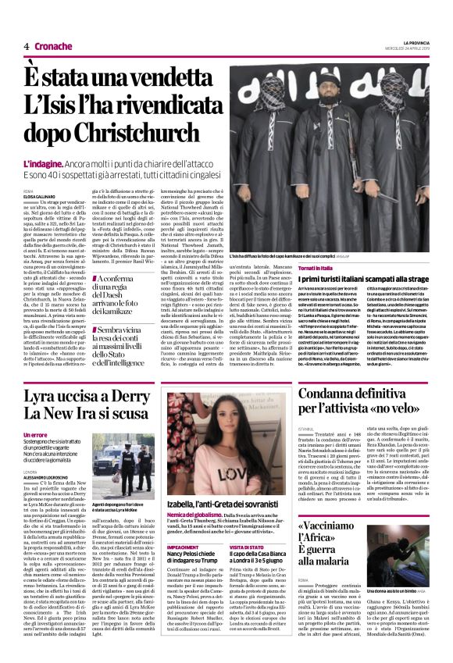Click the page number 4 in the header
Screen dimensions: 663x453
(x=26, y=47)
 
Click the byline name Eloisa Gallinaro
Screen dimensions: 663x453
(x=41, y=194)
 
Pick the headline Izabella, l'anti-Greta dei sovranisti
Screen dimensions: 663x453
(x=224, y=506)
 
